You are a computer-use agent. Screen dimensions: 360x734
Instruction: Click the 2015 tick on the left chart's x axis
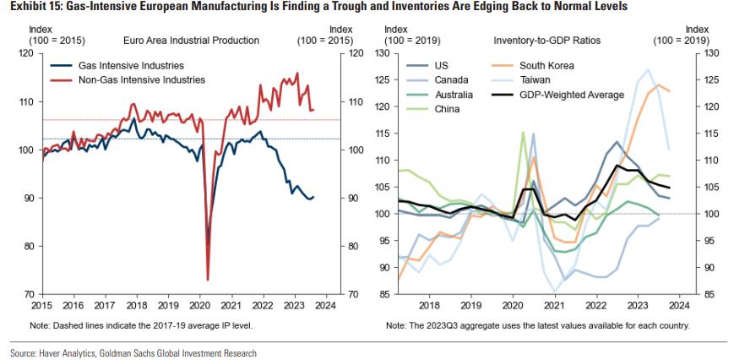tap(42, 305)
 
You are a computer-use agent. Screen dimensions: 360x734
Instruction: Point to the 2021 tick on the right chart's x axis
tap(553, 305)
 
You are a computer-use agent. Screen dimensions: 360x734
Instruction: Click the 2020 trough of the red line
tap(207, 279)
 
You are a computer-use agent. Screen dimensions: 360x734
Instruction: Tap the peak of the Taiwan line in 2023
tap(648, 70)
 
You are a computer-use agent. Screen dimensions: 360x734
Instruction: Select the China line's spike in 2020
tap(523, 132)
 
